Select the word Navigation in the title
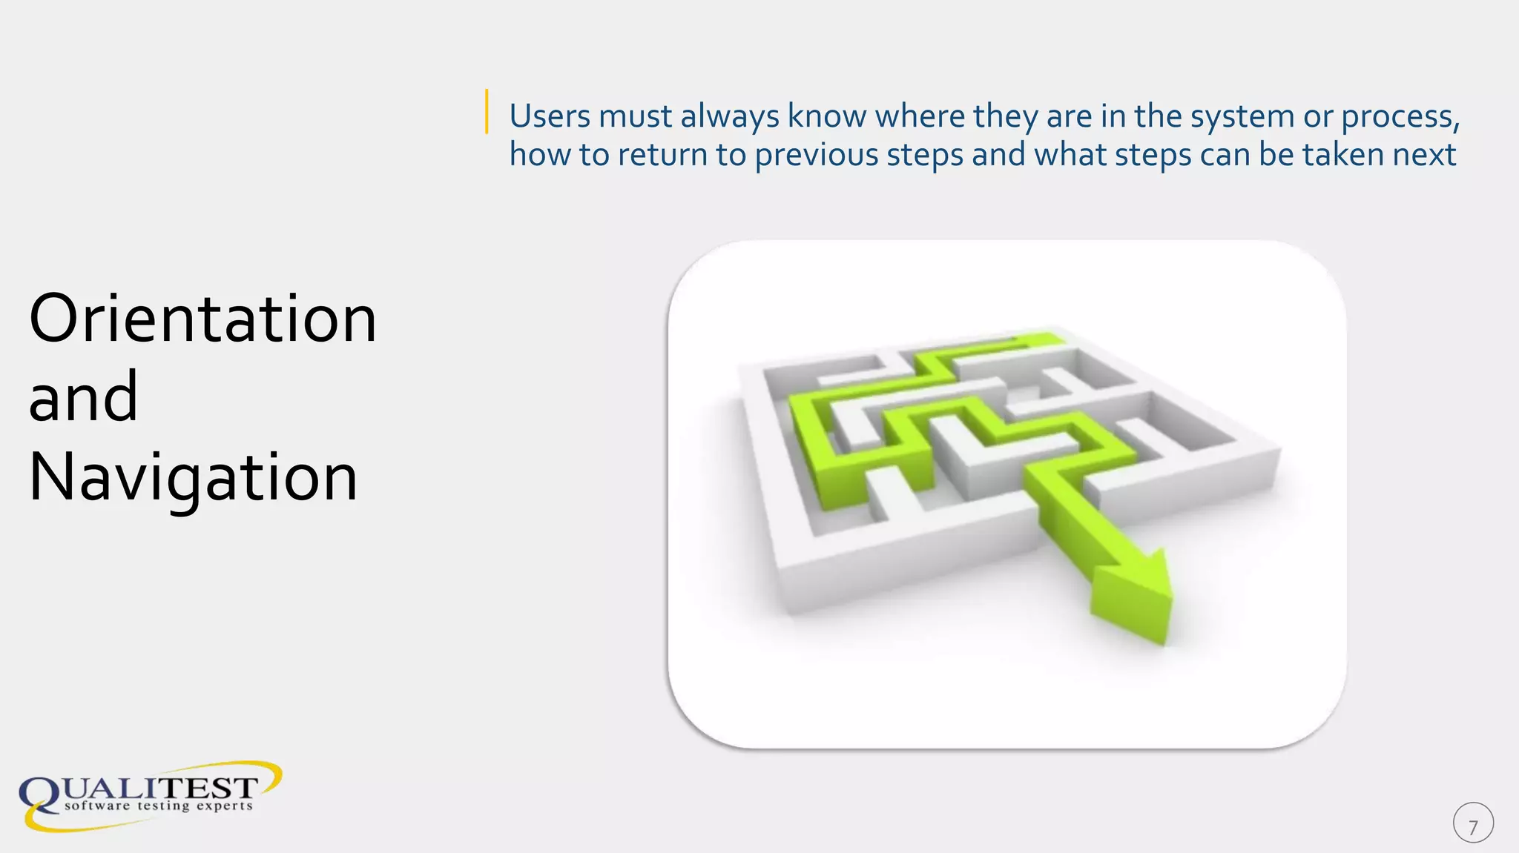(193, 478)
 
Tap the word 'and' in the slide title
(83, 398)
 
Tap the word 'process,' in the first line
(1401, 116)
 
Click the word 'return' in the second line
(662, 155)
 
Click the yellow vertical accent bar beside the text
(487, 111)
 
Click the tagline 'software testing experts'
(159, 806)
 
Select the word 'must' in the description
(635, 116)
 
